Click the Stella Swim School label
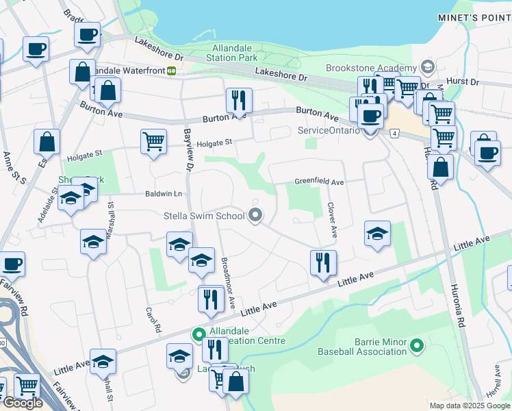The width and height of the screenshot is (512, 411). pos(204,216)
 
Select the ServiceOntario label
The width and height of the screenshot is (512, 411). pos(329,130)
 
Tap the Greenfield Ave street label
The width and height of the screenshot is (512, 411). pos(319,182)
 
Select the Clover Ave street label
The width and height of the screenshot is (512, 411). pos(332,220)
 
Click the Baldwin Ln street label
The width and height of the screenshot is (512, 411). pos(162,194)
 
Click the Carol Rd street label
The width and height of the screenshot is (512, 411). pos(153,319)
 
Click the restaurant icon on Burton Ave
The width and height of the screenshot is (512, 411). pos(239,100)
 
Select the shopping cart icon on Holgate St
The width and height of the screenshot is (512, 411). pos(154,142)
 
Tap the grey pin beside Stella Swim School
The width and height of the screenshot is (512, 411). pos(255,216)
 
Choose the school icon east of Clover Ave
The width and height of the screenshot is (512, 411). pos(377,234)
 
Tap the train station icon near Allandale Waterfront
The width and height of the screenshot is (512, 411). pos(171,70)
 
